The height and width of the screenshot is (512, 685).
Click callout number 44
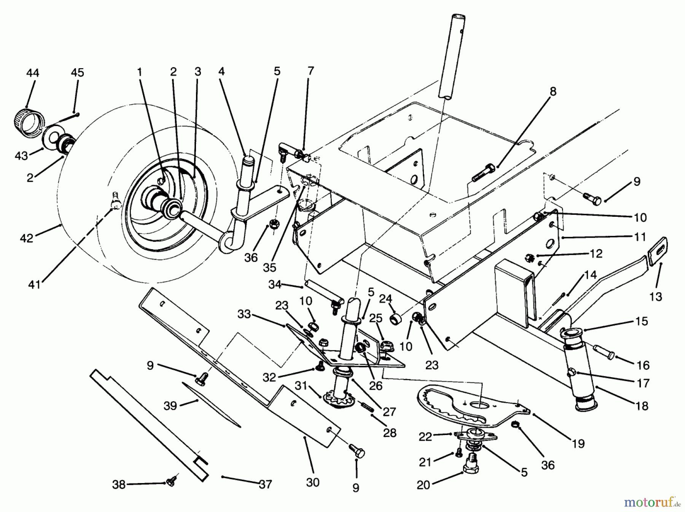click(x=33, y=72)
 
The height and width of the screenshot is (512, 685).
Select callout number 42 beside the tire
click(x=26, y=238)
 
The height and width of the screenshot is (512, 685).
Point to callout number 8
click(x=553, y=91)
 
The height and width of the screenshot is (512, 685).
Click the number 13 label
click(x=656, y=296)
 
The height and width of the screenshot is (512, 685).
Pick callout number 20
click(x=423, y=485)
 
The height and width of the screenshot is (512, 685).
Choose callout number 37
click(x=265, y=484)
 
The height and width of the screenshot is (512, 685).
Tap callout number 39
click(x=170, y=406)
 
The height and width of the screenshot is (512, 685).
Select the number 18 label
click(x=642, y=406)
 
